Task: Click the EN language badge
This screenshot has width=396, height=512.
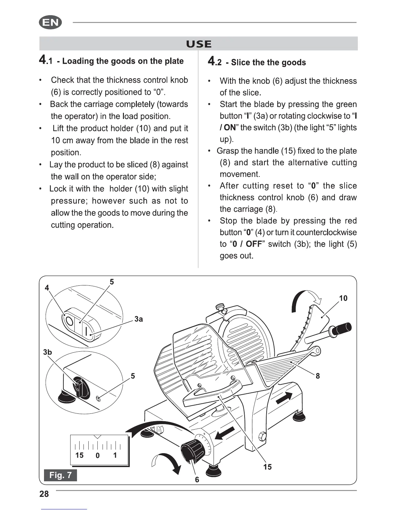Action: coord(50,23)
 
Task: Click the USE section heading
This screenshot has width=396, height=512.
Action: coord(199,44)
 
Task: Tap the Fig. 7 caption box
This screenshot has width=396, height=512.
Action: coord(60,475)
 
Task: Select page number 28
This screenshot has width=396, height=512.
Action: coord(44,494)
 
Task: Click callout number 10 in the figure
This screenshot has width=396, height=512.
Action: coord(343,298)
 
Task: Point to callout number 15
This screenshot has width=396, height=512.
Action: coord(268,467)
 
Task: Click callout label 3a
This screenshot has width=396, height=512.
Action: coord(138,319)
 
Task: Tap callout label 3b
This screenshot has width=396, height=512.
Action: coord(47,352)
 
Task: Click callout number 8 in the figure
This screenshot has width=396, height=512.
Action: coord(318,376)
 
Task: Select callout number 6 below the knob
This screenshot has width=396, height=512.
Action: coord(197,480)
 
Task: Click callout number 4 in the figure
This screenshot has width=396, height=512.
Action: coord(47,288)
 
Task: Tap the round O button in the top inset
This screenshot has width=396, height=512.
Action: coord(69,321)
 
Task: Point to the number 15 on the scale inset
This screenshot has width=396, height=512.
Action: coord(79,455)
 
